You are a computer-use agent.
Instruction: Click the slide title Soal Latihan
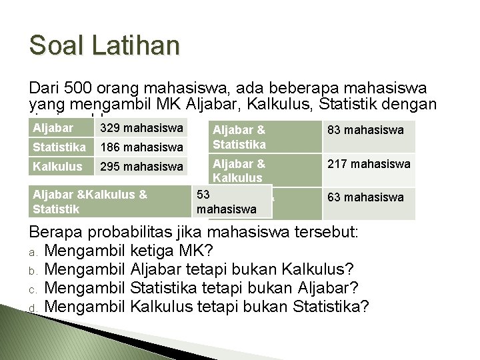pyautogui.click(x=105, y=45)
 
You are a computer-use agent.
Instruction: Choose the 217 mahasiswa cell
pyautogui.click(x=369, y=163)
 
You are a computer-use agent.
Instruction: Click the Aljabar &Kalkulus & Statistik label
pyautogui.click(x=90, y=202)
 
